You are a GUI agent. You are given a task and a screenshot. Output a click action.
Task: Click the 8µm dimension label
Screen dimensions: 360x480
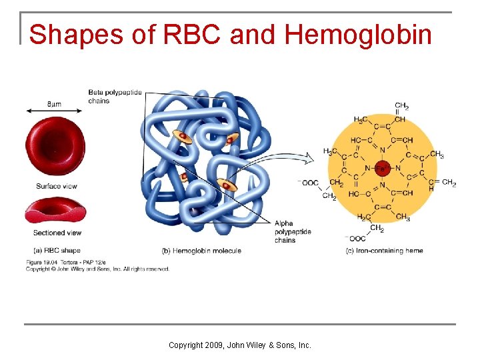click(x=55, y=104)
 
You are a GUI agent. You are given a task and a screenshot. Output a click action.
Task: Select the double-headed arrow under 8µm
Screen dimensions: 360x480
click(x=55, y=111)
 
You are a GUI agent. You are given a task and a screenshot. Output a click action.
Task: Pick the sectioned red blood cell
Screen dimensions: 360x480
click(x=55, y=212)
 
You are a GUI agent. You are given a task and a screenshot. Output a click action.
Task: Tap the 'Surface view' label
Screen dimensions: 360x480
click(x=55, y=186)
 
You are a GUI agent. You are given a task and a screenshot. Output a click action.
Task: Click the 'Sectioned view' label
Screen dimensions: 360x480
click(x=57, y=233)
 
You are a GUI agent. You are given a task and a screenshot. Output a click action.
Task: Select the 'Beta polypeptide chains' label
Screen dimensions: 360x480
click(x=115, y=97)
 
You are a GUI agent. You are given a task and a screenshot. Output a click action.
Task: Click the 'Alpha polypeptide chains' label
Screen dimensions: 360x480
click(x=293, y=232)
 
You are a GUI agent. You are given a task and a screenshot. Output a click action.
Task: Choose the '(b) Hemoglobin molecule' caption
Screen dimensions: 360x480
click(x=201, y=251)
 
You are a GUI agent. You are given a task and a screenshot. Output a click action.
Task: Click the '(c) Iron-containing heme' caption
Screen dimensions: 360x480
click(x=384, y=251)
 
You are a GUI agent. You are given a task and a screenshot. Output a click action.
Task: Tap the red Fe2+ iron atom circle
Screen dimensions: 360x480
click(x=382, y=168)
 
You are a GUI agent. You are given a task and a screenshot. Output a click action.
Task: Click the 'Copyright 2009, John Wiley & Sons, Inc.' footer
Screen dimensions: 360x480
click(x=240, y=345)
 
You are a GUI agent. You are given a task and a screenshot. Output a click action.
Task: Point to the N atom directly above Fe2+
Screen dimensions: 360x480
click(x=382, y=150)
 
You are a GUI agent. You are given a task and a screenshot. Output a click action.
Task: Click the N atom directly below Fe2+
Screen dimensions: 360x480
click(x=382, y=185)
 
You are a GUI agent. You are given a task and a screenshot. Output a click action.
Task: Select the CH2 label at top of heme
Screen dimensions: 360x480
click(x=402, y=105)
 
